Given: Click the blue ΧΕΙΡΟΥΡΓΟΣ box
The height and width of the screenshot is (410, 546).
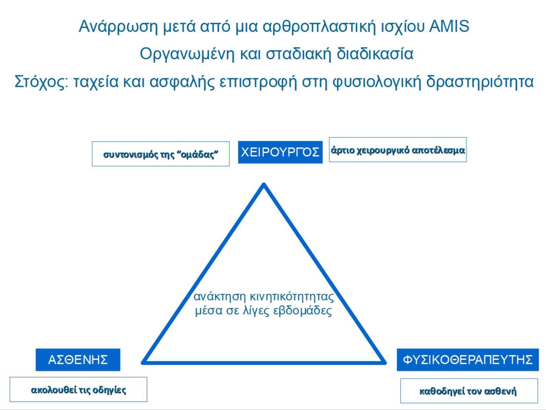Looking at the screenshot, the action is tap(280, 152).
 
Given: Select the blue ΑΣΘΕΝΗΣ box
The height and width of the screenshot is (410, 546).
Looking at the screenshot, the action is tap(78, 360).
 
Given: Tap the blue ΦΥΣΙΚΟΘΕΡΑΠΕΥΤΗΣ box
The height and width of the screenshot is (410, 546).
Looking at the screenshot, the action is tap(468, 360).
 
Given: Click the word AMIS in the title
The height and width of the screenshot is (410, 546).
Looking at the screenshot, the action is tap(449, 26).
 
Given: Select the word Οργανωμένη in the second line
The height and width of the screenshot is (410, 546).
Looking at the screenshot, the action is tap(187, 54).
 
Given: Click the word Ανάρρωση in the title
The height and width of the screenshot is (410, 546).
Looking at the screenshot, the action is tap(118, 27).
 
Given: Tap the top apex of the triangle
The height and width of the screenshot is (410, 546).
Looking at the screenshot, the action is tap(264, 184).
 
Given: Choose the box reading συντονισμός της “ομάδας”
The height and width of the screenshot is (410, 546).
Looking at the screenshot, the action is tap(161, 154).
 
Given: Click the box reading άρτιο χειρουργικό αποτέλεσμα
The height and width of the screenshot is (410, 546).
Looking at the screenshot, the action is tap(398, 150).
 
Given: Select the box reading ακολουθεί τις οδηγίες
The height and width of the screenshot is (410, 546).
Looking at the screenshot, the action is tap(78, 389).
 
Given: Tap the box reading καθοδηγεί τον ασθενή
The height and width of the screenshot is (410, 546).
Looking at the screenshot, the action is tap(469, 390).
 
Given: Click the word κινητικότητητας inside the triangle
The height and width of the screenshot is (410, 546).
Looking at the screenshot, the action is tap(292, 297).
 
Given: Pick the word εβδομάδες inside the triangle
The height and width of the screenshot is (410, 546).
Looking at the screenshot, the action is tap(303, 311).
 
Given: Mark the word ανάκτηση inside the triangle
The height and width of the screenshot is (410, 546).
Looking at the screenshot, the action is tap(220, 297).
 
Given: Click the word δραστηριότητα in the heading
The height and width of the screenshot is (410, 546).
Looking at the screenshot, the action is tap(480, 82).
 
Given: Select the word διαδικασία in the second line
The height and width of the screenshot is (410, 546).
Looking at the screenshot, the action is tap(375, 54).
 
